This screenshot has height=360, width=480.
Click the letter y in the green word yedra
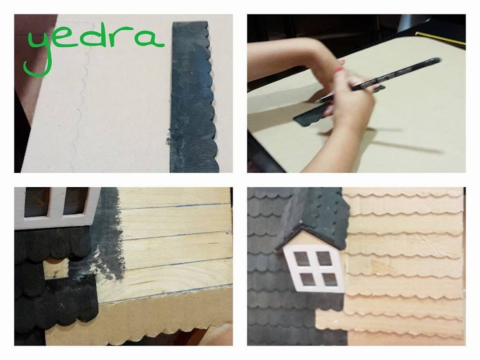point(38,52)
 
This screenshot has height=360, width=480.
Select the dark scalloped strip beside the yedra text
point(194,97)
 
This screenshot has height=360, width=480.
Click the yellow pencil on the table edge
point(441,38)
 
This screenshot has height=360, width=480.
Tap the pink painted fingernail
point(339,70)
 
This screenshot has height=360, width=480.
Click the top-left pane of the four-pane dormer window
point(301,259)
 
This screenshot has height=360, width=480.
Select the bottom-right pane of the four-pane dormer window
point(330,279)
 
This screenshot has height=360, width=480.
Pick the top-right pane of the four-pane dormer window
point(324,258)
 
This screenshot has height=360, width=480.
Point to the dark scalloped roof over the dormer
point(318,214)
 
